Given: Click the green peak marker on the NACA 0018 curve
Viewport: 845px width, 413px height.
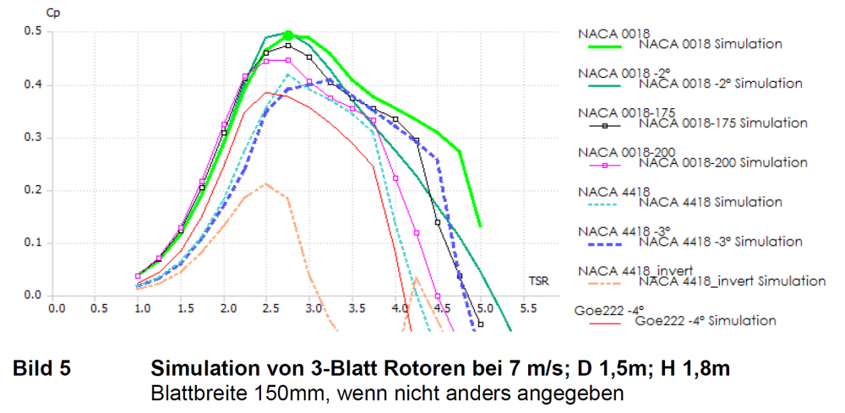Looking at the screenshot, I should tap(288, 35).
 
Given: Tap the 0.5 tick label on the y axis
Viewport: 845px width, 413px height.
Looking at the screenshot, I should tap(33, 32).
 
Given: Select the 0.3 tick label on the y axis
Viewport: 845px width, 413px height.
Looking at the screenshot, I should tap(33, 138).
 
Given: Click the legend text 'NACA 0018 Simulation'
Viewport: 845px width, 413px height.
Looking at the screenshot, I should tap(711, 44).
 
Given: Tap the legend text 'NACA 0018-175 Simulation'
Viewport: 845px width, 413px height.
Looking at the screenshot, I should tap(722, 123).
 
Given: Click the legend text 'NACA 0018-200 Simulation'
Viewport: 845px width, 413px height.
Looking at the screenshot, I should tap(722, 163).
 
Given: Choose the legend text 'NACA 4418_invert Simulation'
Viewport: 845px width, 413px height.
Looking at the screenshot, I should tap(732, 281).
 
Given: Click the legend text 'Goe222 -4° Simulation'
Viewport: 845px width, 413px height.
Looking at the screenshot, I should tap(705, 321).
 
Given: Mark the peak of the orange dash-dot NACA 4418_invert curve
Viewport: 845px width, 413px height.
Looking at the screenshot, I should tap(265, 182).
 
